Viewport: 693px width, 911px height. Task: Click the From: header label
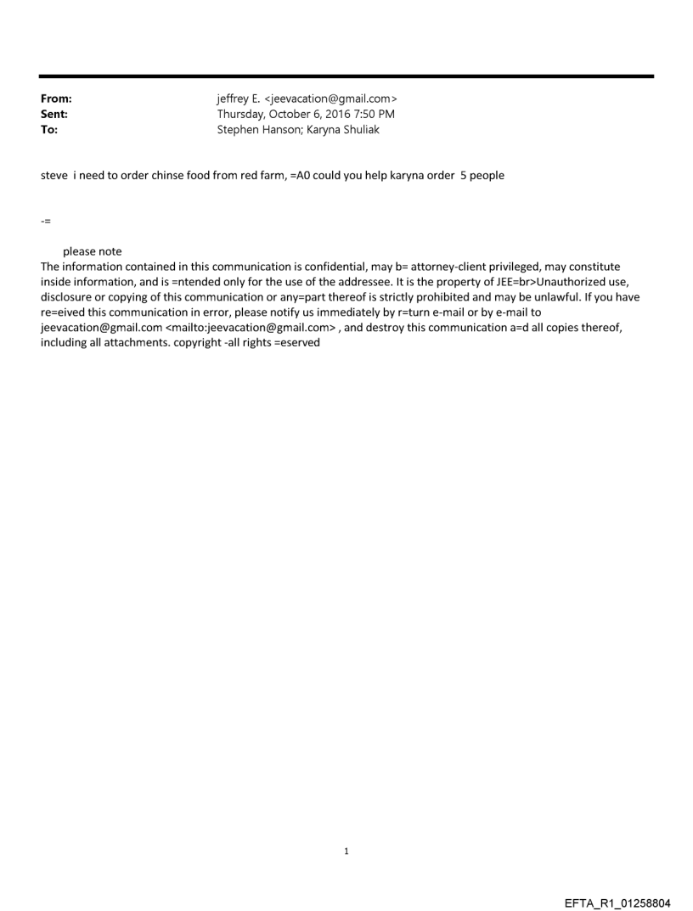click(56, 98)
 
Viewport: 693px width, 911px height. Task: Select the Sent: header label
click(54, 114)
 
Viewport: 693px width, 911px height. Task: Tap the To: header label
click(49, 129)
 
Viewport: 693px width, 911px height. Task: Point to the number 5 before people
click(463, 176)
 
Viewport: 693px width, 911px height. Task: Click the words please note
click(93, 251)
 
